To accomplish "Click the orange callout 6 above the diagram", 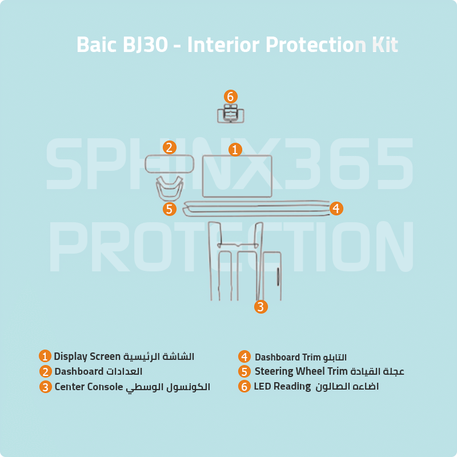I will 231,97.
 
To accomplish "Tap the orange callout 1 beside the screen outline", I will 235,150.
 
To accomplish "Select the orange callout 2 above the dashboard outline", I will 169,147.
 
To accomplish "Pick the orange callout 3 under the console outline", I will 260,307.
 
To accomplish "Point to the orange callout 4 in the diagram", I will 336,209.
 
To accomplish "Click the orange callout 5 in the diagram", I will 169,209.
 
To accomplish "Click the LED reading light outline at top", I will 231,114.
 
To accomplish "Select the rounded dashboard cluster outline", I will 170,164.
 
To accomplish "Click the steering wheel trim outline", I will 169,188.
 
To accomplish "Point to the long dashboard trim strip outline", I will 257,209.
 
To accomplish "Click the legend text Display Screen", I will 87,356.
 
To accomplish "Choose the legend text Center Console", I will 89,387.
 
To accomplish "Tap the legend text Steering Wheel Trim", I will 301,371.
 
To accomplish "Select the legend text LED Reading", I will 278,387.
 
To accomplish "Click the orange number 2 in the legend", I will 46,371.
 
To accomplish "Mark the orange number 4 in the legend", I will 244,357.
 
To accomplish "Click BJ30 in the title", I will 145,45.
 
